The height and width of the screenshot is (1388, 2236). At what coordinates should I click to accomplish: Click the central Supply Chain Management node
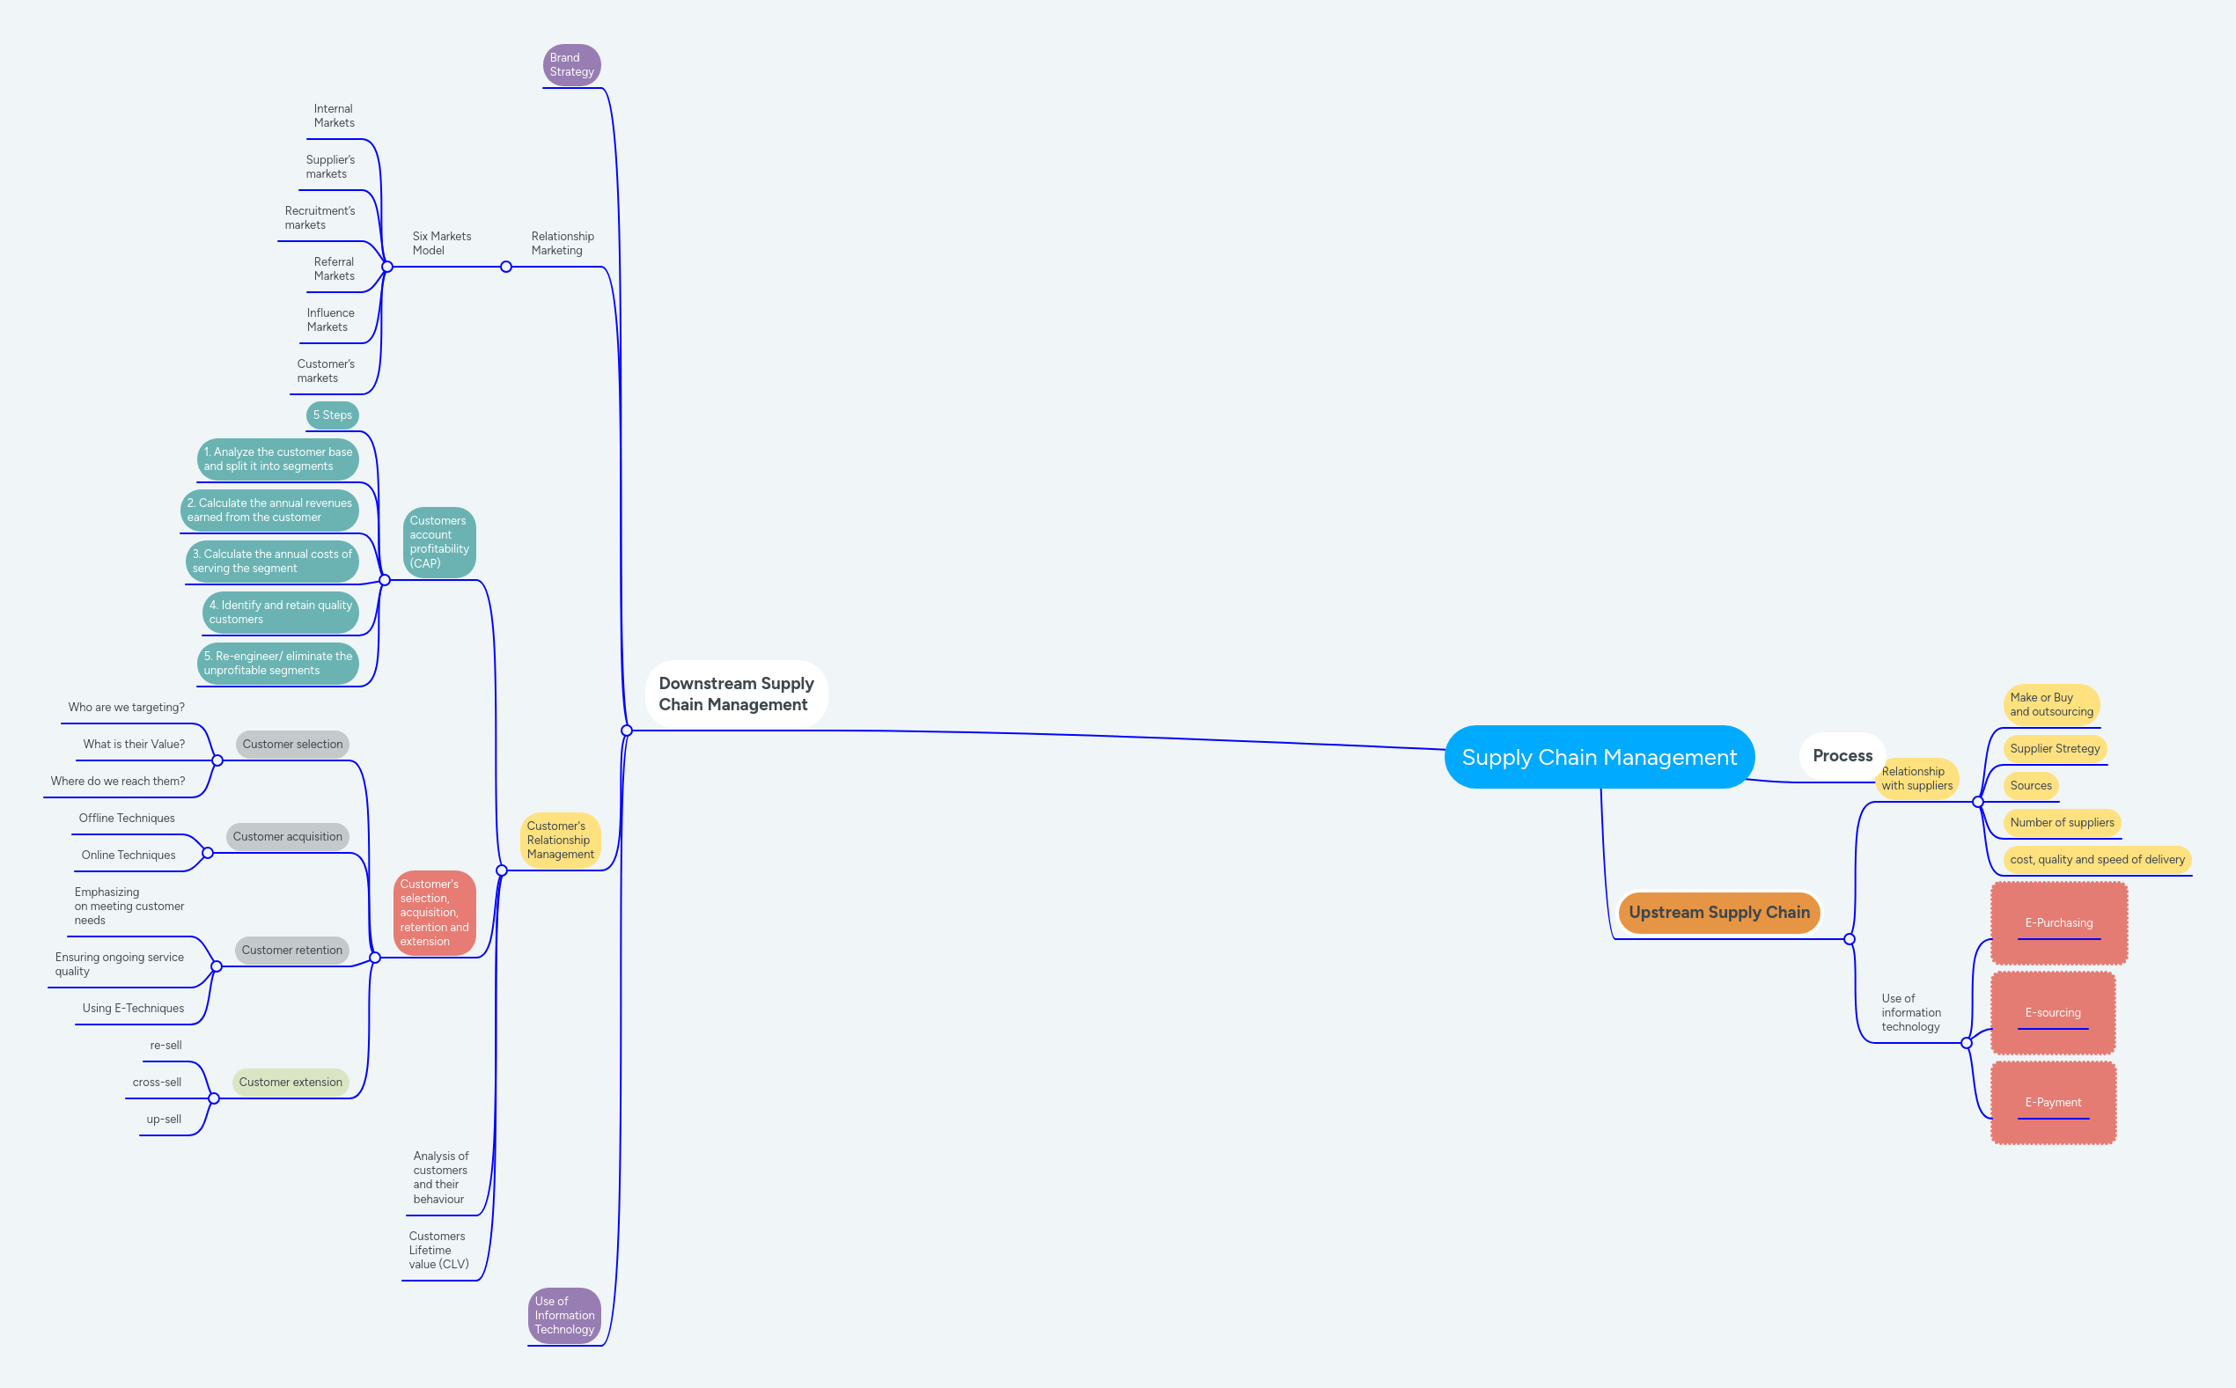click(x=1598, y=757)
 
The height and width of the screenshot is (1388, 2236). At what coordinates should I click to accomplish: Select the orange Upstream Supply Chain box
click(x=1718, y=913)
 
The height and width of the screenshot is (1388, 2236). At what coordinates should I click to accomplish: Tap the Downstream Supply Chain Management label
click(x=735, y=694)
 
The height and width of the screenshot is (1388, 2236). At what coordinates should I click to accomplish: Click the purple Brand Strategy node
click(x=571, y=65)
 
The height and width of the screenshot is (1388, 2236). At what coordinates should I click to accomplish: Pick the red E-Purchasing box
click(x=2058, y=922)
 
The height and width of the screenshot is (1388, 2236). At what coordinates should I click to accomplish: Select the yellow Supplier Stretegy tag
click(x=2055, y=748)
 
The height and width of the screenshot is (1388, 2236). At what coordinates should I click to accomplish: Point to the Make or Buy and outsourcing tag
click(x=2050, y=704)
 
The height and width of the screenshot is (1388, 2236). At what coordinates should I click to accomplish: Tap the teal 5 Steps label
click(x=332, y=415)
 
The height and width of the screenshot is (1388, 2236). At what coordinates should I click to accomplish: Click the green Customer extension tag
click(x=290, y=1083)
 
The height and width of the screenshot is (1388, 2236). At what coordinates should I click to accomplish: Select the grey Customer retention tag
click(x=292, y=950)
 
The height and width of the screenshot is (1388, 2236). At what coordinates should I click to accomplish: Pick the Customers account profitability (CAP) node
click(x=438, y=541)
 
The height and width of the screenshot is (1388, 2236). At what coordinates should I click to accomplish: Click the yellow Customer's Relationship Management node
click(x=560, y=840)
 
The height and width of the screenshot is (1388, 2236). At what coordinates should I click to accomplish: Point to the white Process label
click(x=1842, y=755)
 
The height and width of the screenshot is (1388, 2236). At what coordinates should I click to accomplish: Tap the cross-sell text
click(x=157, y=1083)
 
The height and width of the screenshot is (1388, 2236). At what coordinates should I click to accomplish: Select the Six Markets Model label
click(x=442, y=243)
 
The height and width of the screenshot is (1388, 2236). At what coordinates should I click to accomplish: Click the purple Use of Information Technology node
click(x=563, y=1316)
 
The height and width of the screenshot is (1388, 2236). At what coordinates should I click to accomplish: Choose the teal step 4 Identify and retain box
click(x=280, y=613)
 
